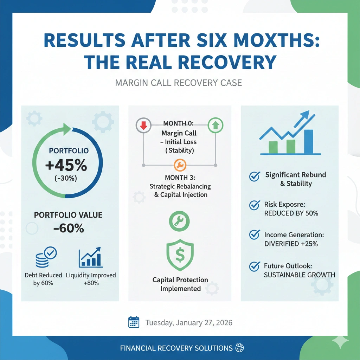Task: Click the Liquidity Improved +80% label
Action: point(91,279)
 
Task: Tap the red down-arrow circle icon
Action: point(143,125)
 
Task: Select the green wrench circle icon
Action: point(179,220)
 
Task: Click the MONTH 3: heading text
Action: point(180,177)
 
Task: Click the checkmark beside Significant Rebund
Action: point(254,177)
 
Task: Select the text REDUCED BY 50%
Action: point(291,213)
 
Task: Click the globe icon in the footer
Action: point(240,348)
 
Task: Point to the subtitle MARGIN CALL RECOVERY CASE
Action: point(179,83)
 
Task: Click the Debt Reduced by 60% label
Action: point(43,279)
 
